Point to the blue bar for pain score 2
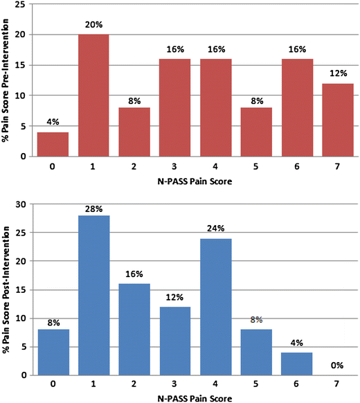click(x=134, y=330)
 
